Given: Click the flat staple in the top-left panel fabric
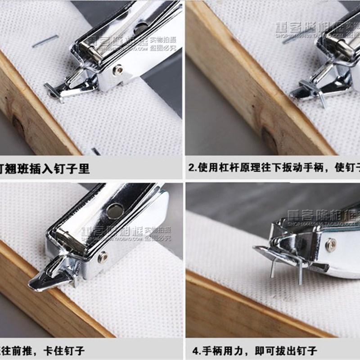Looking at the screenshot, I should tap(45, 41).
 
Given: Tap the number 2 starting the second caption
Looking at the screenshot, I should tap(192, 169).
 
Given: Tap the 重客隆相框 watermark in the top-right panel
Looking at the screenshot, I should tap(306, 27).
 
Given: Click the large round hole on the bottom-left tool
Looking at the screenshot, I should tap(115, 210).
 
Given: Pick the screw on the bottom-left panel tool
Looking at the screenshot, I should tap(103, 257).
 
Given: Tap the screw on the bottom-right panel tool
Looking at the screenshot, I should tap(331, 244).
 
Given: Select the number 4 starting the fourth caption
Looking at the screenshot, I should tap(192, 350).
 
